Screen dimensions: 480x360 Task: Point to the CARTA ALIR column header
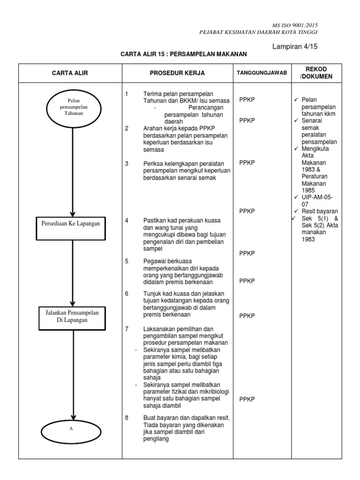click(70, 73)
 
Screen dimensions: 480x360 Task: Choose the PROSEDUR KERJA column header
click(177, 73)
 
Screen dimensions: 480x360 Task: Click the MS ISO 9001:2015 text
click(298, 25)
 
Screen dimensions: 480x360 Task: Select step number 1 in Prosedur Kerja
click(127, 94)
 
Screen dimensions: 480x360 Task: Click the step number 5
click(127, 261)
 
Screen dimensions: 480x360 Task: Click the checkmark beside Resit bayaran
click(296, 211)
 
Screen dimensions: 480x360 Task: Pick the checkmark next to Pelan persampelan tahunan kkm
click(296, 100)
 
